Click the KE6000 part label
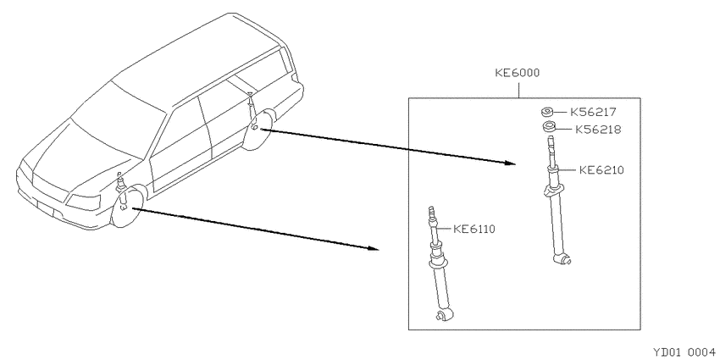coord(517,73)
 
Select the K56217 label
coord(593,112)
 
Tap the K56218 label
coord(598,130)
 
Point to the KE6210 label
coord(601,170)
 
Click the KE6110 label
coord(474,229)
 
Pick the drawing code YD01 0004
coord(684,352)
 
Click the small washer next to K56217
coord(546,112)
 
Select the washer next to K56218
coord(549,127)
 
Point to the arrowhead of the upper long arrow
coord(510,163)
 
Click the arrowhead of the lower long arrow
coord(374,248)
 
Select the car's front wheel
coord(127,208)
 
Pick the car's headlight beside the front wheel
coord(84,202)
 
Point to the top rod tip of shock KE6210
coord(550,141)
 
